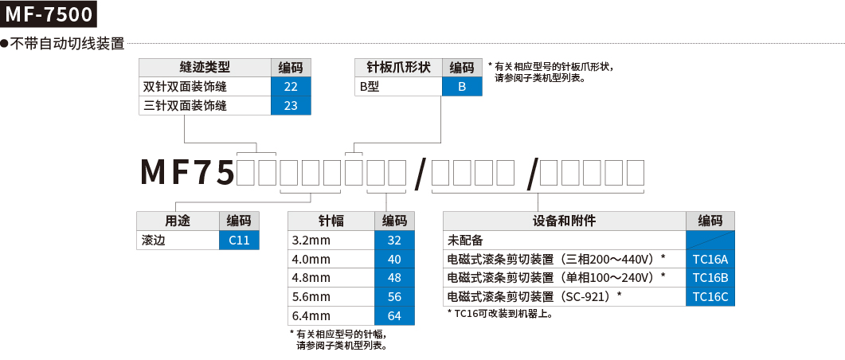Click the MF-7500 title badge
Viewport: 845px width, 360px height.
(49, 14)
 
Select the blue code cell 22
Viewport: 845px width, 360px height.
(291, 87)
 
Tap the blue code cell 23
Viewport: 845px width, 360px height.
(291, 106)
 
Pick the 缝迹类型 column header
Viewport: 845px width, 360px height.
(205, 68)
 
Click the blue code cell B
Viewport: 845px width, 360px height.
(461, 87)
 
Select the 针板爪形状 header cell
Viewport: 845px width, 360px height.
(397, 68)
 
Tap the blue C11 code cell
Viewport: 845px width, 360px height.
(239, 240)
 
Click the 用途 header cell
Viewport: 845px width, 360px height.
(177, 221)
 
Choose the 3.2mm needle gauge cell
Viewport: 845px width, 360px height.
(330, 240)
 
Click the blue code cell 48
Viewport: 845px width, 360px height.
(394, 278)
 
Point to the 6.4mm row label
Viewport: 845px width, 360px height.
(330, 316)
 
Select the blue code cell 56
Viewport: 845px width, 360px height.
(394, 297)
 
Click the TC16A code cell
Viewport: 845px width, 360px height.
(710, 259)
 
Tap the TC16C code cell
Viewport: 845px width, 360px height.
(710, 297)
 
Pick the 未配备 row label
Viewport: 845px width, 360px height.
(564, 240)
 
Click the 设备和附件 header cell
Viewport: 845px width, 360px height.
(564, 221)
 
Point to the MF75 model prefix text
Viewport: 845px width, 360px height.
(188, 172)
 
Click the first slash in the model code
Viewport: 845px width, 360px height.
(420, 174)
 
